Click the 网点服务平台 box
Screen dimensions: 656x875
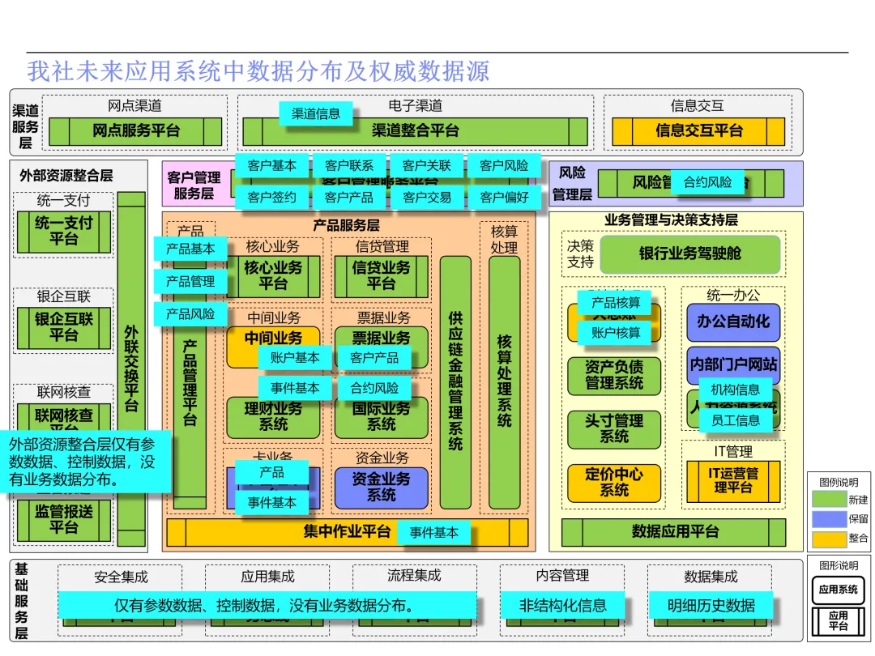pyautogui.click(x=134, y=131)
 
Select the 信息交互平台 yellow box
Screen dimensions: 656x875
pyautogui.click(x=698, y=131)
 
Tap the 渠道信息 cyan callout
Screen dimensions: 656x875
pyautogui.click(x=316, y=113)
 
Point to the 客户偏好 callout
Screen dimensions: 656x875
pyautogui.click(x=504, y=197)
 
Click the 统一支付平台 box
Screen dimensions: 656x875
pyautogui.click(x=63, y=231)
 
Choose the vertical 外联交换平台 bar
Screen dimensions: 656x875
pyautogui.click(x=131, y=368)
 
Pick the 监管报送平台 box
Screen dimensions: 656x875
pyautogui.click(x=63, y=520)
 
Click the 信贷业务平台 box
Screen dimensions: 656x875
pyautogui.click(x=381, y=275)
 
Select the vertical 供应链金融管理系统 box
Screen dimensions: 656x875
pyautogui.click(x=455, y=381)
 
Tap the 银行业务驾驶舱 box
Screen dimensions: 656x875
pyautogui.click(x=690, y=254)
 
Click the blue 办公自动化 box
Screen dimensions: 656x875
pyautogui.click(x=733, y=322)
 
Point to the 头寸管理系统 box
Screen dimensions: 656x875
pyautogui.click(x=614, y=428)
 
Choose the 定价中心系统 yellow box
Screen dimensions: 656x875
pyautogui.click(x=614, y=482)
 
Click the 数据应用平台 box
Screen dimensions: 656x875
pyautogui.click(x=674, y=532)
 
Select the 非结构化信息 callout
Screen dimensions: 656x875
pyautogui.click(x=562, y=605)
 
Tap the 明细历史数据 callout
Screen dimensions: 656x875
pyautogui.click(x=711, y=605)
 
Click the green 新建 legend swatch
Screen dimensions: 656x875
pyautogui.click(x=829, y=500)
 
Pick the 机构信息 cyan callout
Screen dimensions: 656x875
pyautogui.click(x=735, y=390)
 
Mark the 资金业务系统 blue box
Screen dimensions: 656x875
pyautogui.click(x=381, y=487)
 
